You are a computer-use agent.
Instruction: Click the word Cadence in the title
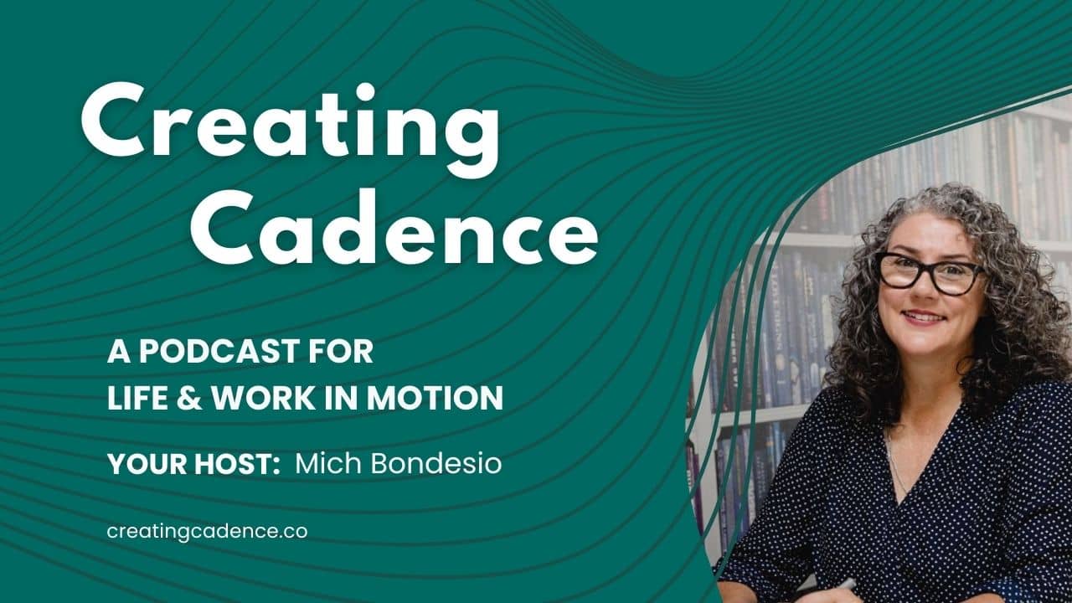coord(394,226)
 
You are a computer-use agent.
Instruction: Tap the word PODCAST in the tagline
coord(219,352)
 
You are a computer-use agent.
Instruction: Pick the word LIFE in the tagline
coord(138,398)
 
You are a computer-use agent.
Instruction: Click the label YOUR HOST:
coord(193,464)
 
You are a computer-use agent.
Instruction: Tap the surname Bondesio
coord(436,463)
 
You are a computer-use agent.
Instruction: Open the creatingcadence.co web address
coord(207,532)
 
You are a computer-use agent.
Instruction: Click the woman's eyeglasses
coord(929,273)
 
